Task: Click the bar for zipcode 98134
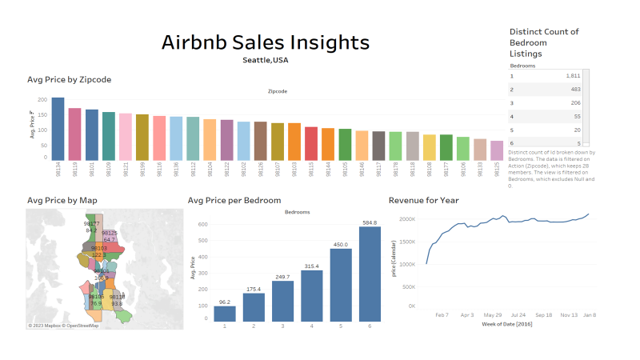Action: pos(58,130)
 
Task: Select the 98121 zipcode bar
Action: pos(126,137)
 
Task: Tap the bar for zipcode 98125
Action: pos(497,150)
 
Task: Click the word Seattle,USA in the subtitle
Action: pos(266,60)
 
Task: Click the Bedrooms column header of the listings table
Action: pos(523,65)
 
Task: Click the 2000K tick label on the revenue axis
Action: pos(406,218)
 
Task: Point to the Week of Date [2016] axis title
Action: pos(508,324)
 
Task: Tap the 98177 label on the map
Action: pos(92,224)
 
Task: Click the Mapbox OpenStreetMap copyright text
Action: pos(64,326)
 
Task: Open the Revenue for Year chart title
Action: pos(423,200)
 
